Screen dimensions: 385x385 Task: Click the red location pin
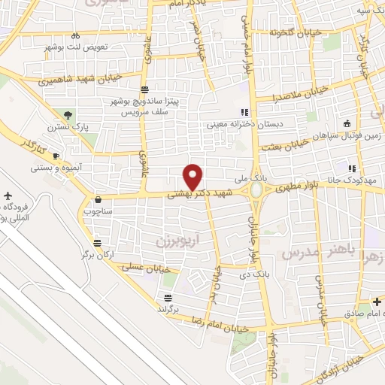(x=193, y=176)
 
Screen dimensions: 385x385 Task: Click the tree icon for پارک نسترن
(x=69, y=115)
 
